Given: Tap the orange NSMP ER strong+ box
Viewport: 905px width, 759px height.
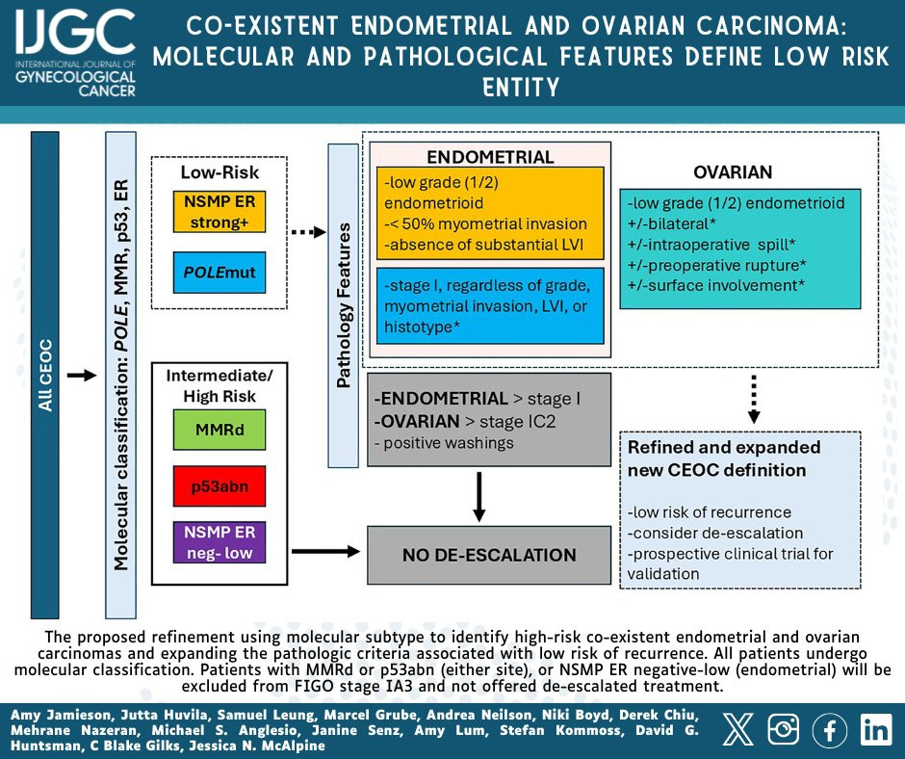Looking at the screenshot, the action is (220, 212).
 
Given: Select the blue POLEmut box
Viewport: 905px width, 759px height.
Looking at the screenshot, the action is (220, 272).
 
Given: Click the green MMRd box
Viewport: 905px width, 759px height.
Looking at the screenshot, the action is (220, 430).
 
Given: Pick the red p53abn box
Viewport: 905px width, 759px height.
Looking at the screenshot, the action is (220, 486).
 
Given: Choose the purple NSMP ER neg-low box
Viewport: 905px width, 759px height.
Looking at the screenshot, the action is (220, 542).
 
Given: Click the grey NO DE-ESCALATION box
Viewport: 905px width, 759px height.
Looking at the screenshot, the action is (489, 555).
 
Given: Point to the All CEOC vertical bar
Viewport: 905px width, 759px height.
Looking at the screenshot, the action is (45, 376).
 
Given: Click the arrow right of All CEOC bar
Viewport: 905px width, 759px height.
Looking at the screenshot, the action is (82, 376).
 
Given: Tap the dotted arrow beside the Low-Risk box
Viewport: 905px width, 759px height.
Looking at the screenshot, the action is (309, 232).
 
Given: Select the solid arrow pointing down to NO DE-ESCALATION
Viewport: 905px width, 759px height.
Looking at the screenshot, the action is (478, 497).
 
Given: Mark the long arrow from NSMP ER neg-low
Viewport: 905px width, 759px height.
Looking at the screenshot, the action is (326, 551).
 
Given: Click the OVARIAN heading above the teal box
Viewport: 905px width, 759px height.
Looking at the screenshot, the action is (733, 172).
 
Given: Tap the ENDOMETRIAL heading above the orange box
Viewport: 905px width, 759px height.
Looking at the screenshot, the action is (490, 157).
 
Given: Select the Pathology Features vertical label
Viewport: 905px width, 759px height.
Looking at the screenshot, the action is (344, 305).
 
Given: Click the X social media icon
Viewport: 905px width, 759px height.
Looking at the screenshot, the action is (738, 729).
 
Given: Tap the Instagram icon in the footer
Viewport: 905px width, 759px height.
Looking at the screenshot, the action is (784, 729).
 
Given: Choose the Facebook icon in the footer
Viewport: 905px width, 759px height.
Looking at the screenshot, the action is (829, 729).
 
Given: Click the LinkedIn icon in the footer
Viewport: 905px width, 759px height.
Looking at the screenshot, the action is (875, 729).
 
